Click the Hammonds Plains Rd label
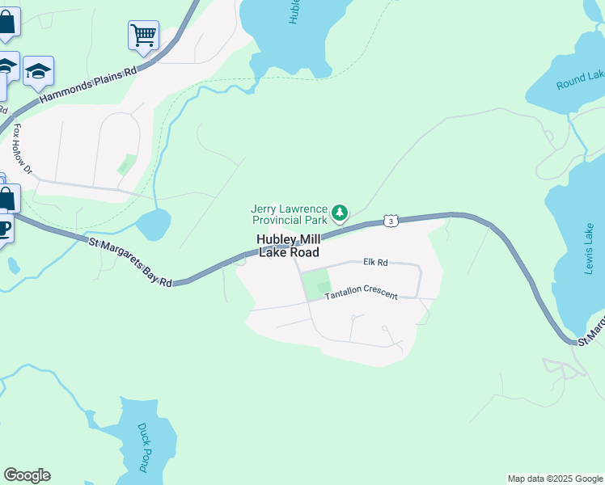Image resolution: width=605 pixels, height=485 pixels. (87, 85)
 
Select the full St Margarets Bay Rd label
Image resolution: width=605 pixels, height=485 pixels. (129, 260)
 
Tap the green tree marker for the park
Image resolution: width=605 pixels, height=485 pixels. (341, 213)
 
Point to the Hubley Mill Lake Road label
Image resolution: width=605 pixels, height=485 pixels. (288, 246)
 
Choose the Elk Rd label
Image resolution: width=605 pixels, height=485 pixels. (376, 262)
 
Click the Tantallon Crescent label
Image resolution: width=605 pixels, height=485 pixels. (362, 294)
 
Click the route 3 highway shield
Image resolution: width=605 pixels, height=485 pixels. (391, 221)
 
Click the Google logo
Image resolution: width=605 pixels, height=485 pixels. (27, 475)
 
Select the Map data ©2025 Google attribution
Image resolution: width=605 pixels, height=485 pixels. (556, 479)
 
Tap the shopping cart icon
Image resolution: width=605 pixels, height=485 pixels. (143, 35)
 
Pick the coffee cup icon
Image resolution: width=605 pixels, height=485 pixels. (4, 227)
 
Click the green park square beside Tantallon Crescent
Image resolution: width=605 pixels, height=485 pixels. (316, 285)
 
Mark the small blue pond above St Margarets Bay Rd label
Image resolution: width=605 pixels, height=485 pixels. (154, 224)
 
